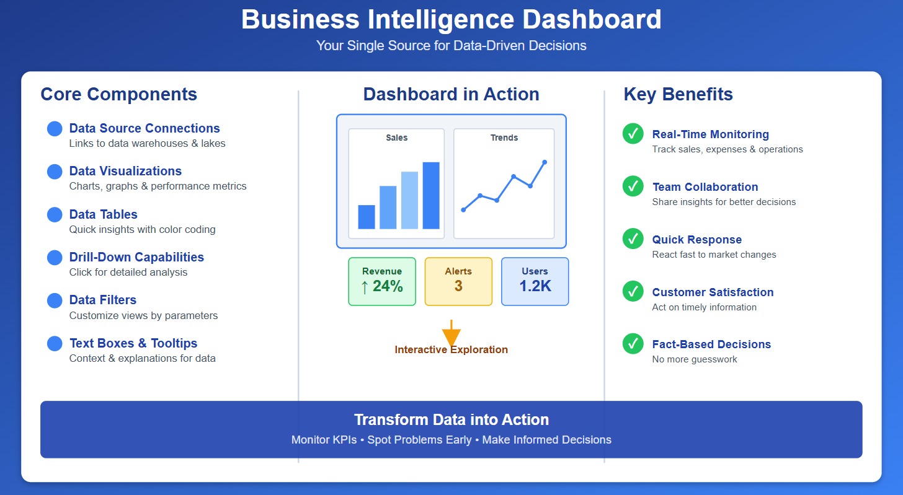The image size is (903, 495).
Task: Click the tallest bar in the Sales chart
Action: pyautogui.click(x=431, y=195)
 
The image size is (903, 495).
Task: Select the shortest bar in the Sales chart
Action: pyautogui.click(x=367, y=217)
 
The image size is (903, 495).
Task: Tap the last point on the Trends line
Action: pyautogui.click(x=545, y=162)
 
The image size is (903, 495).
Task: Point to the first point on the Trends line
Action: pyautogui.click(x=463, y=210)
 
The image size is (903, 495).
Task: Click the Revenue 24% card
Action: pyautogui.click(x=382, y=281)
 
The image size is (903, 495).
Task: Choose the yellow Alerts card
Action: pyautogui.click(x=458, y=281)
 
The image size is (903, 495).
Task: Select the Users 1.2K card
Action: pyautogui.click(x=535, y=281)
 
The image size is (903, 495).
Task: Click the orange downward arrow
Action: pyautogui.click(x=451, y=335)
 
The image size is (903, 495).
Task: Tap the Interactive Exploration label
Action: pyautogui.click(x=451, y=350)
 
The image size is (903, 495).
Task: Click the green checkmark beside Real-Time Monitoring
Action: pyautogui.click(x=633, y=134)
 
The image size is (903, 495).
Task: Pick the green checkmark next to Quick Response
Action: pyautogui.click(x=633, y=239)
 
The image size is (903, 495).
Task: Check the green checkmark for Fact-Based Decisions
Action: pyautogui.click(x=633, y=344)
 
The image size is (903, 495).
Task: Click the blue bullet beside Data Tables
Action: pyautogui.click(x=55, y=214)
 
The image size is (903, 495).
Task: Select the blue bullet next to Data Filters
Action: pyautogui.click(x=55, y=300)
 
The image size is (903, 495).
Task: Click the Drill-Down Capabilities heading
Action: pyautogui.click(x=136, y=257)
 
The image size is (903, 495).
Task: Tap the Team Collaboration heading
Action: pyautogui.click(x=705, y=187)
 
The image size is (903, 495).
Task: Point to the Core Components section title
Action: pyautogui.click(x=118, y=94)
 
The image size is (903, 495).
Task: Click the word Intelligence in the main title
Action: pyautogui.click(x=429, y=19)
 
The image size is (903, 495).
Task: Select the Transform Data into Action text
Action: pyautogui.click(x=451, y=419)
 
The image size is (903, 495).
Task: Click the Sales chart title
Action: pyautogui.click(x=396, y=138)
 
